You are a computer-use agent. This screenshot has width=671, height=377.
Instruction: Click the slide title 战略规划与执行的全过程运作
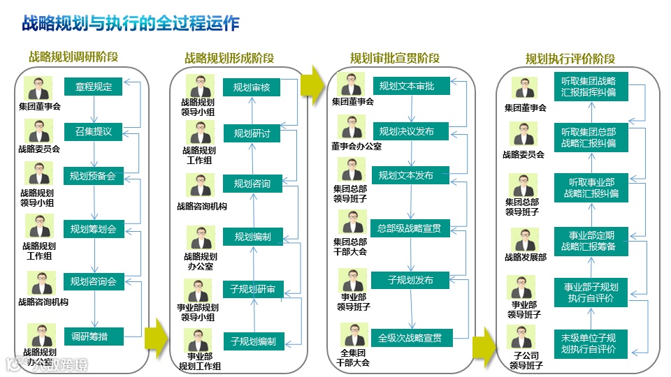pyautogui.click(x=130, y=24)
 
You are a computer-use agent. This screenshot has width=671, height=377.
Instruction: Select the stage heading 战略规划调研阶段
pyautogui.click(x=73, y=57)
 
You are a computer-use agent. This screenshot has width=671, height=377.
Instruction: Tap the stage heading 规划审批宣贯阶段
pyautogui.click(x=395, y=57)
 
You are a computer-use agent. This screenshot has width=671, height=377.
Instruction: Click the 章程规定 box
pyautogui.click(x=93, y=87)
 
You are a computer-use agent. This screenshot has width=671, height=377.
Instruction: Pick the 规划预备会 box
pyautogui.click(x=93, y=176)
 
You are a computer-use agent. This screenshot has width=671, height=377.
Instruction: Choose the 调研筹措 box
pyautogui.click(x=93, y=337)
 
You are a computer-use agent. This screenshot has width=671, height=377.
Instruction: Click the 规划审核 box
pyautogui.click(x=252, y=87)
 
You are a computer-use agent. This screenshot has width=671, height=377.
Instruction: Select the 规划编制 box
pyautogui.click(x=252, y=237)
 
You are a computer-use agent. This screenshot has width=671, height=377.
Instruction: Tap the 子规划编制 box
pyautogui.click(x=252, y=341)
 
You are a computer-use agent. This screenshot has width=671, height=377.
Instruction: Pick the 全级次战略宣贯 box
pyautogui.click(x=410, y=338)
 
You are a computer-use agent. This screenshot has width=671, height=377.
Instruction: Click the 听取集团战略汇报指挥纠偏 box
pyautogui.click(x=588, y=86)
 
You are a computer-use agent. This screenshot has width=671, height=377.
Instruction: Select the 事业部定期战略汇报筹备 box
pyautogui.click(x=588, y=240)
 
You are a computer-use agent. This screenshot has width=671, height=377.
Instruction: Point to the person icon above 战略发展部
pyautogui.click(x=524, y=239)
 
